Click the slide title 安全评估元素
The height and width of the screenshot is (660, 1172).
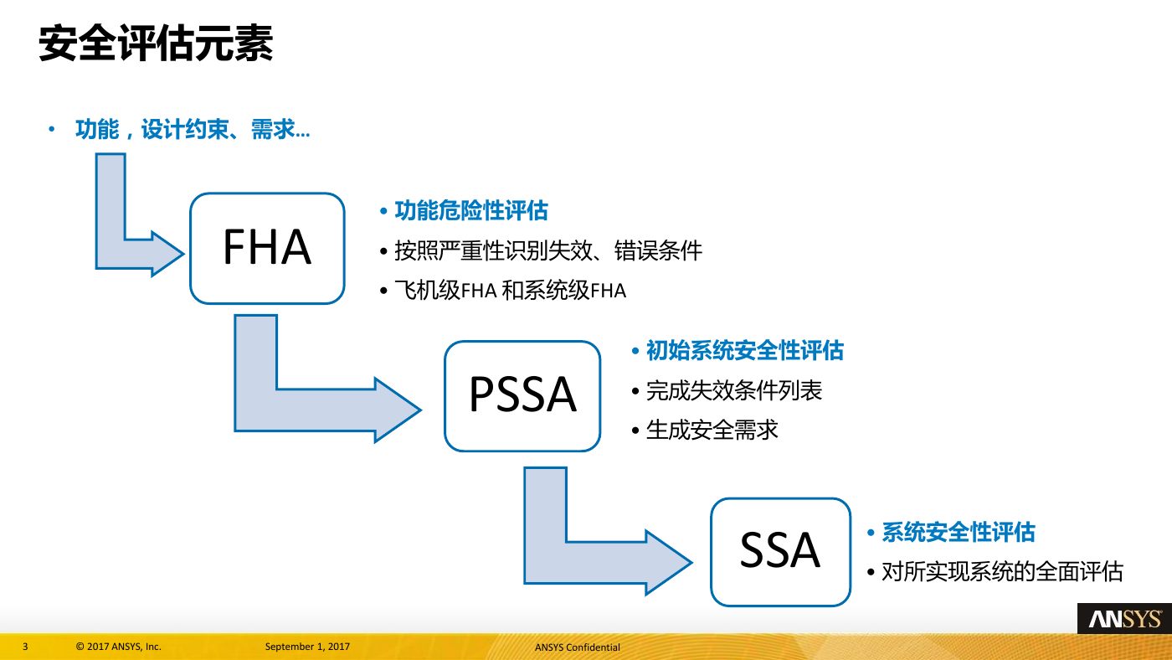pyautogui.click(x=156, y=44)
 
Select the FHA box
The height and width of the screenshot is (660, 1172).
pyautogui.click(x=267, y=248)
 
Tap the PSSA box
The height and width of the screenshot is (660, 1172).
pyautogui.click(x=522, y=395)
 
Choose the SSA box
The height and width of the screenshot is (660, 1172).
pyautogui.click(x=780, y=552)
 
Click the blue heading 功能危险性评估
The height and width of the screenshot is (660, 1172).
pyautogui.click(x=470, y=210)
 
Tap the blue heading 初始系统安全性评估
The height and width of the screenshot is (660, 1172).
pyautogui.click(x=744, y=350)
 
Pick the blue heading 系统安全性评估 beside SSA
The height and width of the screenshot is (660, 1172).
pyautogui.click(x=958, y=532)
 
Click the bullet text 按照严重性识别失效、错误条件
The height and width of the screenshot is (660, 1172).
pyautogui.click(x=547, y=250)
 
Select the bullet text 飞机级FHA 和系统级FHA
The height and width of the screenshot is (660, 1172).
pyautogui.click(x=510, y=291)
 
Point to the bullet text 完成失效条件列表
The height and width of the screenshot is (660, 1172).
pyautogui.click(x=734, y=390)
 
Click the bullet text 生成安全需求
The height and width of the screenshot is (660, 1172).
pyautogui.click(x=712, y=431)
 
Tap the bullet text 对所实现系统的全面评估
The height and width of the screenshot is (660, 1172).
pyautogui.click(x=1003, y=571)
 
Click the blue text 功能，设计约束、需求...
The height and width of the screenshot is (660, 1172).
pyautogui.click(x=193, y=129)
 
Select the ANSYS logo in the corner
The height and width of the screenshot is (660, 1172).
pyautogui.click(x=1124, y=619)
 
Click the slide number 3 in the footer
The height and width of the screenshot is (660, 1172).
pyautogui.click(x=25, y=647)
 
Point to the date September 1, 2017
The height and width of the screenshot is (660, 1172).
pyautogui.click(x=307, y=647)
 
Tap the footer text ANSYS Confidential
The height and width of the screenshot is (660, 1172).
pyautogui.click(x=577, y=647)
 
